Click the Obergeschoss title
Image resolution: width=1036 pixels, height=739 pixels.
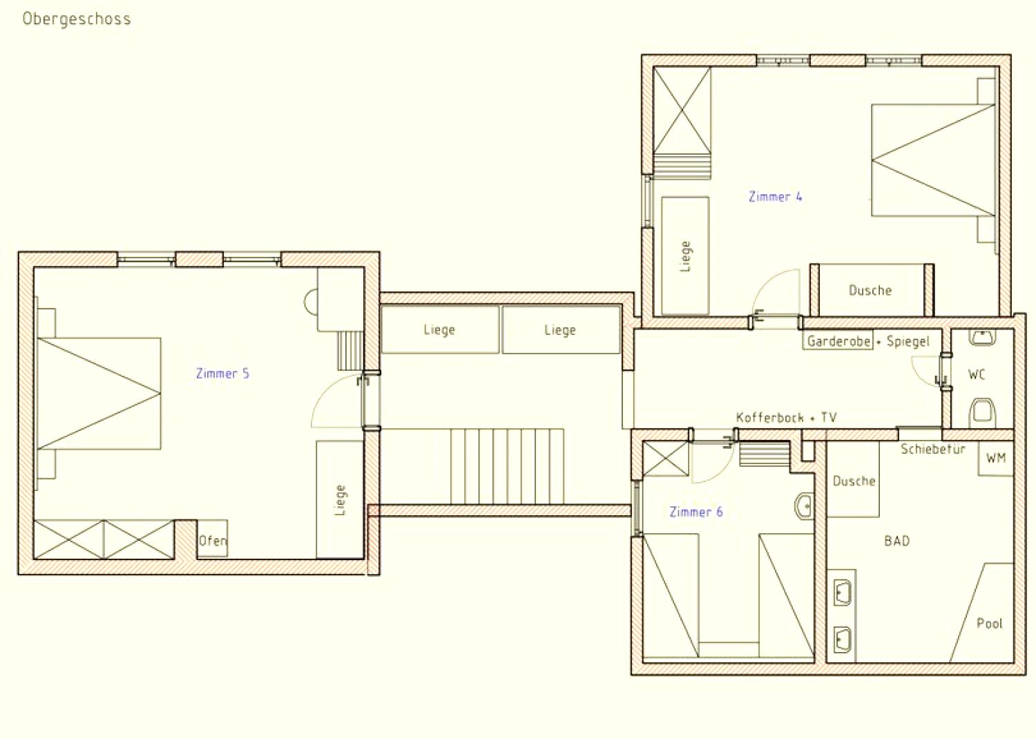point(77,19)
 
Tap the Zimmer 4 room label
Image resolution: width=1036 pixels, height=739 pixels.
point(775,197)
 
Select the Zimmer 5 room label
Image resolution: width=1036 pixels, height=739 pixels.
point(222,373)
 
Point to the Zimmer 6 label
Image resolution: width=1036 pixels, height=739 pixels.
point(696,512)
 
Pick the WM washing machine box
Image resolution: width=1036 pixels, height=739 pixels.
point(995,458)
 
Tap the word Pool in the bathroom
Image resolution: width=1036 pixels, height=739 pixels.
point(989,624)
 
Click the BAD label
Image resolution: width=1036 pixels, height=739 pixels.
point(896,541)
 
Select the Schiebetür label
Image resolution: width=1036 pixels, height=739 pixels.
point(932,449)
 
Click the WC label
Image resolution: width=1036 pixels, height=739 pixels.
point(977,374)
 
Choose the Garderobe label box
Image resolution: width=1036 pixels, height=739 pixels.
point(838,340)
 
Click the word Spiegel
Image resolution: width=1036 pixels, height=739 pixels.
point(908,342)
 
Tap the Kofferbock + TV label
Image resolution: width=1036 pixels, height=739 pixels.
point(786,418)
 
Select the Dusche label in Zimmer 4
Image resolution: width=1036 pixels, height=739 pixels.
point(870,291)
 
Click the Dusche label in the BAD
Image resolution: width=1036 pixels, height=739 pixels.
point(854,481)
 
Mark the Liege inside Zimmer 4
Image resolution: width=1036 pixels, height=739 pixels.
point(685,256)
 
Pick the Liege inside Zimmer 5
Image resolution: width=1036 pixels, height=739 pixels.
point(340,499)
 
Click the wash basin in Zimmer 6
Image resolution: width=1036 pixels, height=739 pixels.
point(805,506)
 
